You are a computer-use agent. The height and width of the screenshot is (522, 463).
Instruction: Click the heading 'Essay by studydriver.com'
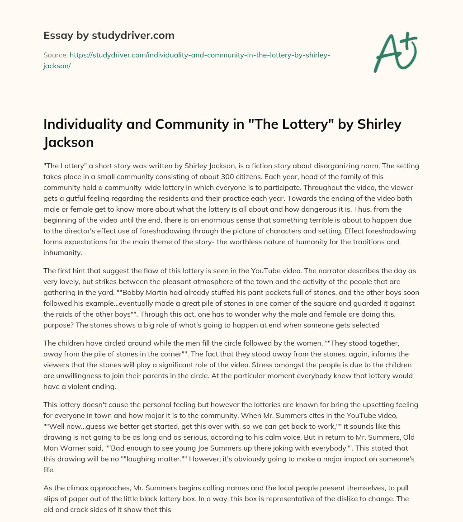(109, 35)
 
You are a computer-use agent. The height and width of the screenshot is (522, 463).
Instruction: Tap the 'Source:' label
(55, 55)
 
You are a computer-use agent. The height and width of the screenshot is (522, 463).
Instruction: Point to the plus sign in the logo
(409, 40)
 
